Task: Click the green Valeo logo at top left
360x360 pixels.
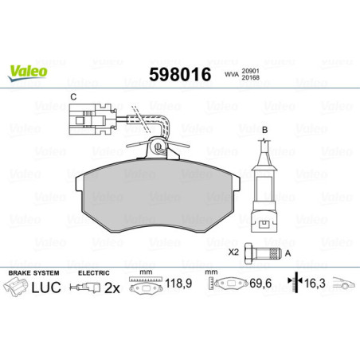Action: tap(28, 71)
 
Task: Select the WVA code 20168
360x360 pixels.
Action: tap(252, 80)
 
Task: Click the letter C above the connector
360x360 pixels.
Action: tap(73, 98)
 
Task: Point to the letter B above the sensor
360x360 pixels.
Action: tap(264, 129)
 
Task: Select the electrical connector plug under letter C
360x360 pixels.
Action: tap(84, 122)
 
